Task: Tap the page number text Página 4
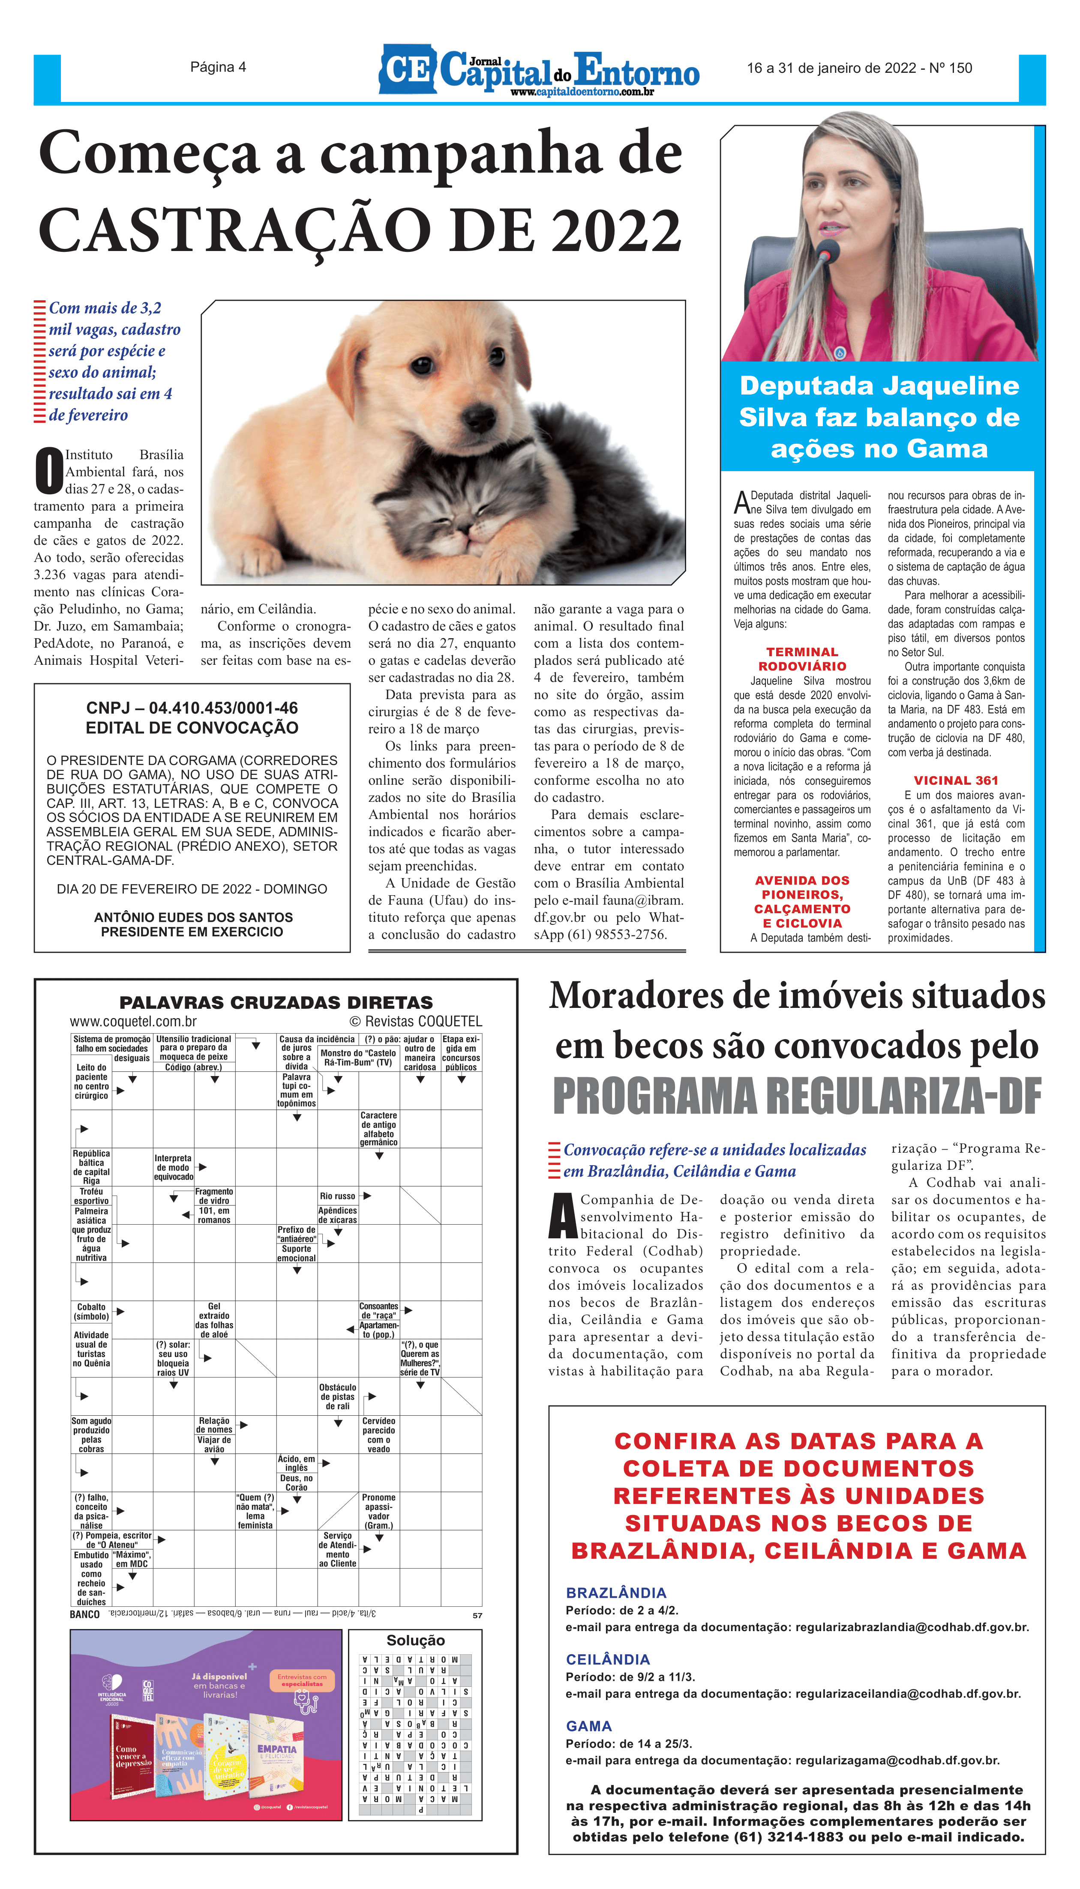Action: (218, 68)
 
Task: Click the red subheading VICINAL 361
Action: (955, 780)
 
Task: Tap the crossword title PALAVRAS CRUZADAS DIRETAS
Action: (276, 1002)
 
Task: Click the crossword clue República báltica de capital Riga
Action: (91, 1167)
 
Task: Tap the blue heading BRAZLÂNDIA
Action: (616, 1593)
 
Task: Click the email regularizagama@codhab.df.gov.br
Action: (897, 1760)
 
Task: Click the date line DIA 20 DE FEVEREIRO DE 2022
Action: (192, 889)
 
